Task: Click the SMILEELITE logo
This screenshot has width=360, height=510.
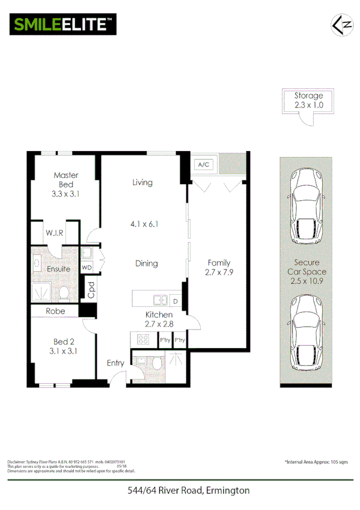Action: (x=62, y=25)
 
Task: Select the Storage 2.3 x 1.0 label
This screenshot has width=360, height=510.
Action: (x=308, y=100)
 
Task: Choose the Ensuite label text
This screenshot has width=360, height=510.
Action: (x=59, y=269)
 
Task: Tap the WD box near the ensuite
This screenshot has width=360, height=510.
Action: (x=87, y=268)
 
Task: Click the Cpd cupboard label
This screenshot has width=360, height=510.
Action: (x=91, y=290)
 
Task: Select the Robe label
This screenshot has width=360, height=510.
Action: (x=56, y=311)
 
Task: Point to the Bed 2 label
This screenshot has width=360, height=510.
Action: (x=66, y=346)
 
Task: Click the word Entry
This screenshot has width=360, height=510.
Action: (x=116, y=363)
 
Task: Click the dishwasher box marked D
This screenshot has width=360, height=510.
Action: (x=175, y=300)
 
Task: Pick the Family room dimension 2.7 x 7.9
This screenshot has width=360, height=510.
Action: (x=219, y=268)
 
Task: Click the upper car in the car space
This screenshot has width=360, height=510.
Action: (x=307, y=207)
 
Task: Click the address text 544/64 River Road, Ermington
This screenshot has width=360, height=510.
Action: (x=188, y=491)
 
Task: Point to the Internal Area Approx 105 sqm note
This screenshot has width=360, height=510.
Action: (x=316, y=461)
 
